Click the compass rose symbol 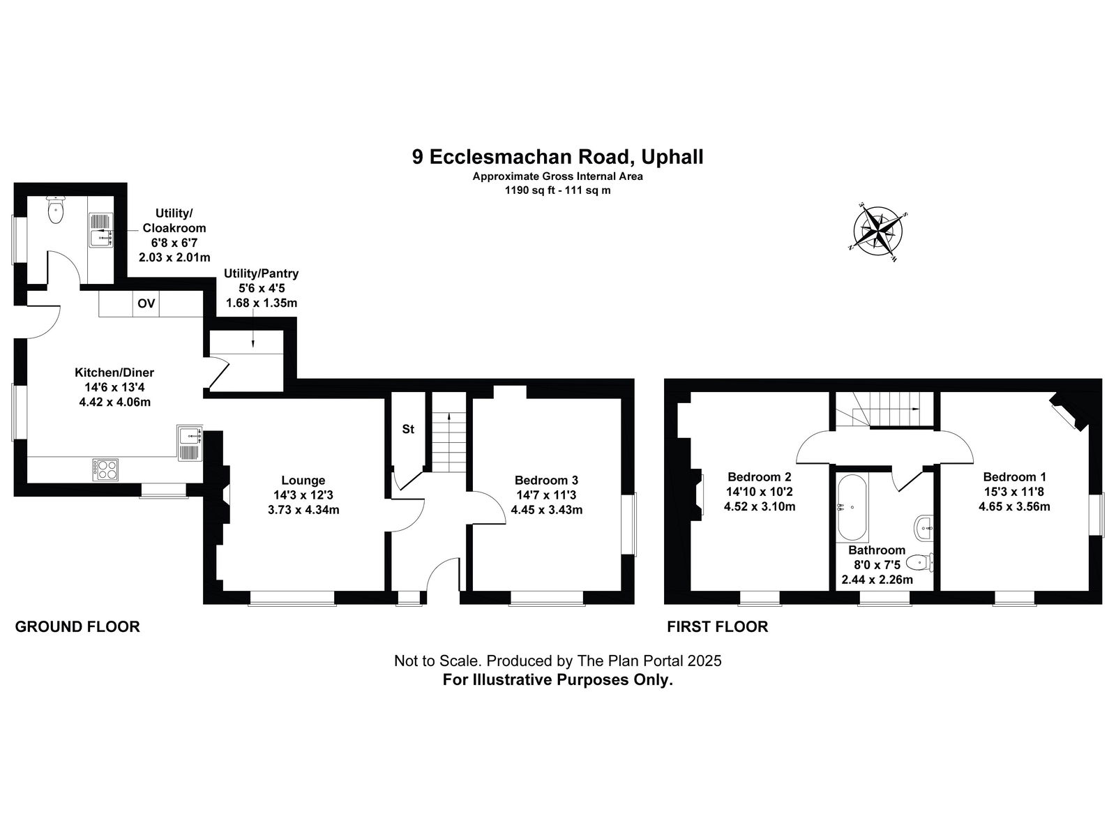click(878, 232)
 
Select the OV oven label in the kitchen click(146, 303)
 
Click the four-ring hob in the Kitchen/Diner click(106, 469)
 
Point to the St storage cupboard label click(408, 429)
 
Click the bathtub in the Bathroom click(852, 506)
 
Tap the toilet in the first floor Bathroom click(920, 563)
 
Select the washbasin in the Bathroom click(923, 529)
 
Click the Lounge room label click(303, 481)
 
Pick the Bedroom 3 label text click(547, 481)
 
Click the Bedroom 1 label click(1014, 476)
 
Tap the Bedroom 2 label click(760, 476)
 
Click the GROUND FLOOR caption click(77, 626)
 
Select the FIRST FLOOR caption click(718, 626)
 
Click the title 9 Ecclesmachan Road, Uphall click(558, 156)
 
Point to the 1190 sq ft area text click(529, 190)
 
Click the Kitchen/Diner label click(114, 372)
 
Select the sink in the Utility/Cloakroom click(100, 229)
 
